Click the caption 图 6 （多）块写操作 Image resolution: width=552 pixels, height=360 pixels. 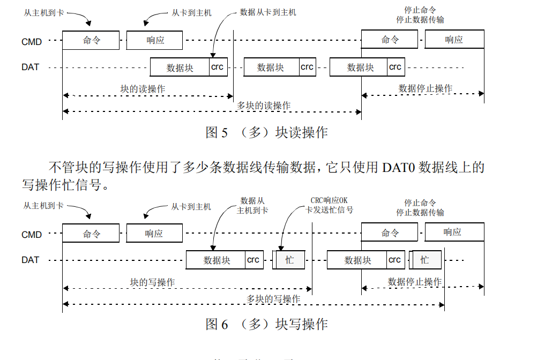(x=266, y=324)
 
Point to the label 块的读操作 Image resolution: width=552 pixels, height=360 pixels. (x=143, y=89)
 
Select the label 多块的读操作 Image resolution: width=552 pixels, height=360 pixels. (x=264, y=106)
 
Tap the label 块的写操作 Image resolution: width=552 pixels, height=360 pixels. (x=152, y=282)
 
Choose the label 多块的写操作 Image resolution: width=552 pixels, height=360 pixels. (x=273, y=298)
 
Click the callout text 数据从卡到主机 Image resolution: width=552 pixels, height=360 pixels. (x=268, y=12)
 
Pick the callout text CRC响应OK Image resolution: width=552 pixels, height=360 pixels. (x=329, y=200)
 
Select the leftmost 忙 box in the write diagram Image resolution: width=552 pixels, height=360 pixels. (x=289, y=260)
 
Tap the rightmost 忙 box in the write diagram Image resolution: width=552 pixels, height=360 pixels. (x=425, y=260)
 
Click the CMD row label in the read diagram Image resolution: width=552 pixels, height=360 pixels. (x=32, y=41)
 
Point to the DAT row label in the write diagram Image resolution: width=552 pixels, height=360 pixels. (x=31, y=260)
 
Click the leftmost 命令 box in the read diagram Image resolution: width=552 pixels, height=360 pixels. (x=91, y=40)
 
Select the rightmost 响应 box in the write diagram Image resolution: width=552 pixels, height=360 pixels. (x=454, y=232)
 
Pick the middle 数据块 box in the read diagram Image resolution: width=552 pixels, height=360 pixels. (x=271, y=67)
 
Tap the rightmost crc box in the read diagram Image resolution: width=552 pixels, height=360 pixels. (x=395, y=67)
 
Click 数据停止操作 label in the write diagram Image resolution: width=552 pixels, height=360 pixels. (x=415, y=282)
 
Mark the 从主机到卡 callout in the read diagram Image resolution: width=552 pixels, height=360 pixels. (x=43, y=12)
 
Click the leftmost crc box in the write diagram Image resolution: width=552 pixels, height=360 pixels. (x=253, y=260)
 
